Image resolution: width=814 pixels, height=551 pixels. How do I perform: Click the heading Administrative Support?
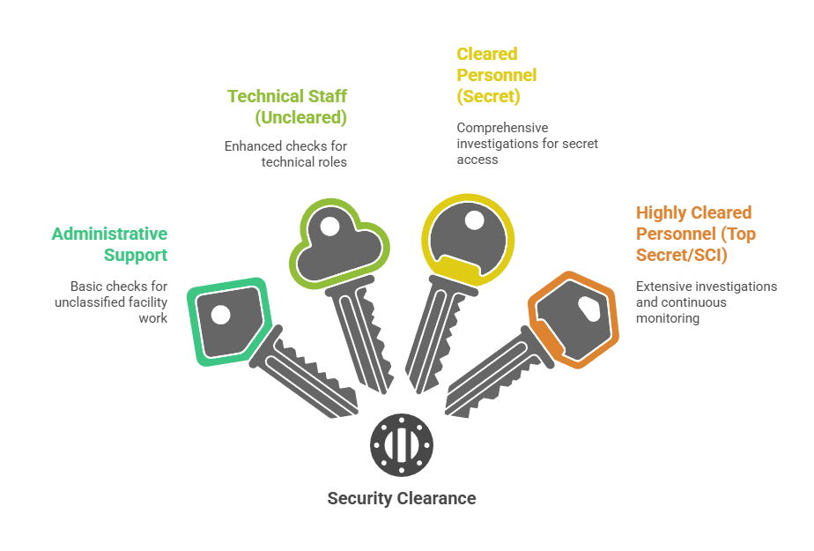109,244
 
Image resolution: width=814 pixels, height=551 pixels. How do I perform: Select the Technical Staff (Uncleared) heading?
287,106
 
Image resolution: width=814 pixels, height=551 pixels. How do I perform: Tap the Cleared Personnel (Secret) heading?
497,75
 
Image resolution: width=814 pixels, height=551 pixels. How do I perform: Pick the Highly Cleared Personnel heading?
694,234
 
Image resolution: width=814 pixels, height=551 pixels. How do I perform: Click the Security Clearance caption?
402,498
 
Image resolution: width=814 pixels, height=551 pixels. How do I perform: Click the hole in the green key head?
221,314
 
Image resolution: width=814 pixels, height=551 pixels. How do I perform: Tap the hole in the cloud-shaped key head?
329,227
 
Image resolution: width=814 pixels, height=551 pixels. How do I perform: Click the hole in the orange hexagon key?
588,306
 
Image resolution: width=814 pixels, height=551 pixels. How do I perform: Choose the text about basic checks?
118,302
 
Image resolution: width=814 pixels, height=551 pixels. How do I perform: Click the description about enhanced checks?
285,153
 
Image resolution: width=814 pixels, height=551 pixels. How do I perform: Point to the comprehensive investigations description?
527,143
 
